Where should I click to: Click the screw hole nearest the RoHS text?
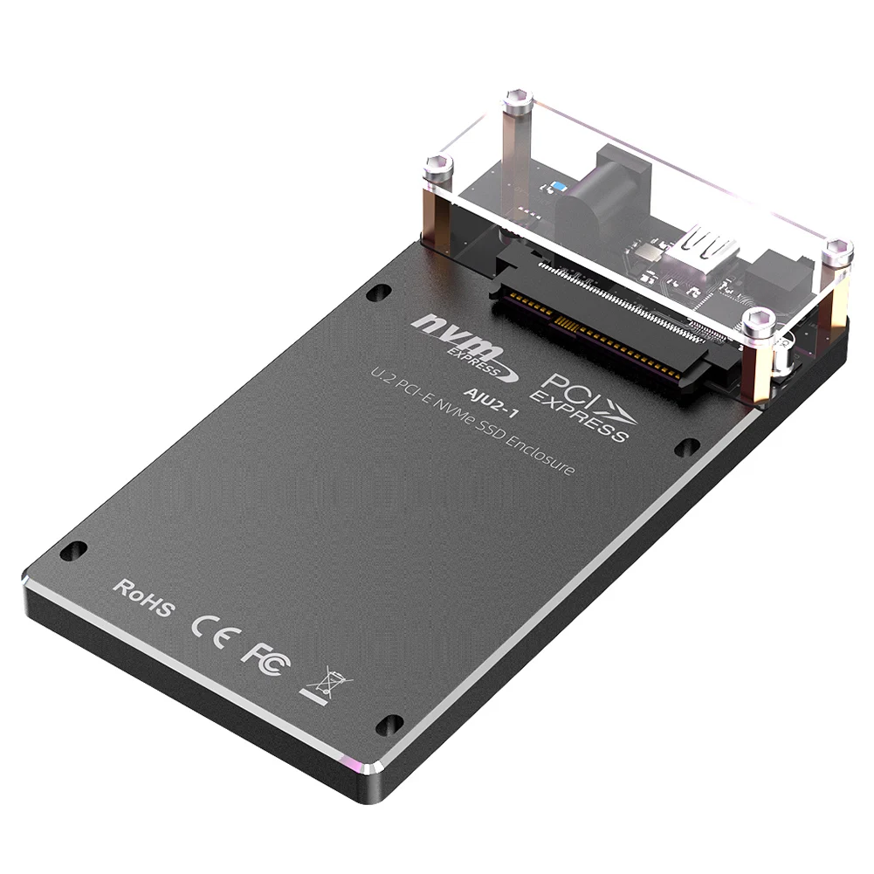coord(76,551)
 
